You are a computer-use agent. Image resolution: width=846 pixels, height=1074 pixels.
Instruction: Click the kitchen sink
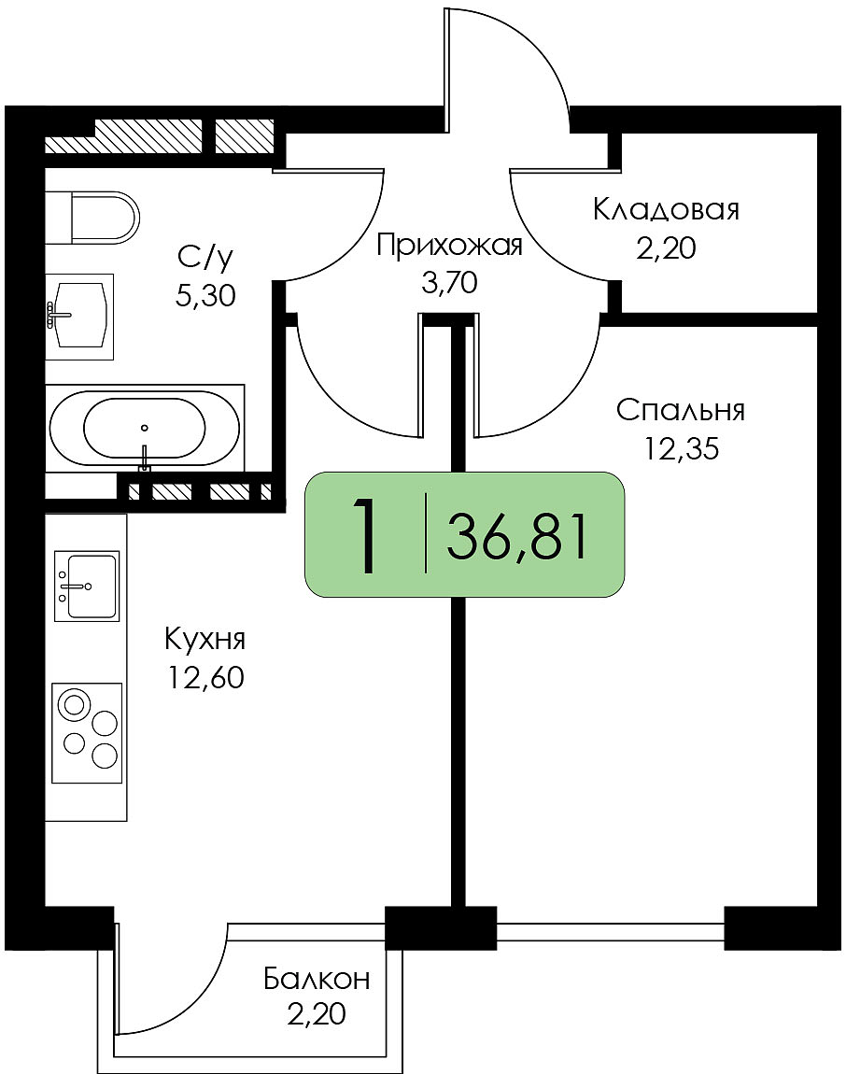tap(87, 586)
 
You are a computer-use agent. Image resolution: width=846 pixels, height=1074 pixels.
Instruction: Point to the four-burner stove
tap(87, 733)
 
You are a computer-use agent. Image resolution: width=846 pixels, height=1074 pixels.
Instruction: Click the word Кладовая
tap(666, 210)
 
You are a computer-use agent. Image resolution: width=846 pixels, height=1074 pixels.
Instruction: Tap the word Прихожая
tap(449, 246)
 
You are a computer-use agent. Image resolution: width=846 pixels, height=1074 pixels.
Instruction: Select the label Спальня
tap(680, 410)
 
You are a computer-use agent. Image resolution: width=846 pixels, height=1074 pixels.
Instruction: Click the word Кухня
tap(204, 641)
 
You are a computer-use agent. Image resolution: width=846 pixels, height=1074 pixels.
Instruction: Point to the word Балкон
tap(317, 979)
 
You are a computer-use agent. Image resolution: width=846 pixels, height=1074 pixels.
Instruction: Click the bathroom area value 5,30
tap(205, 297)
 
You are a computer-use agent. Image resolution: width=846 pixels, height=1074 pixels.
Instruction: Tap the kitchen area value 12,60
tap(204, 677)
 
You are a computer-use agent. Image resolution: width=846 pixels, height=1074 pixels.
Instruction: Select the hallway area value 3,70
tap(449, 282)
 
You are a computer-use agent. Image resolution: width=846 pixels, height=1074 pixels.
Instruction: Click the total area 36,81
tap(517, 538)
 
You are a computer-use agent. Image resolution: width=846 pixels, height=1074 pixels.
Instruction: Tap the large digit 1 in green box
tap(365, 536)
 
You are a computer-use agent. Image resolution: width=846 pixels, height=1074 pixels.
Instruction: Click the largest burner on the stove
tap(73, 705)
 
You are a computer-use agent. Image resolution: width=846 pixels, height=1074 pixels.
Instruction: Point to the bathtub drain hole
tap(145, 428)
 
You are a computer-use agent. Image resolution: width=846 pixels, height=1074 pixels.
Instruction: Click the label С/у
tap(205, 258)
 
